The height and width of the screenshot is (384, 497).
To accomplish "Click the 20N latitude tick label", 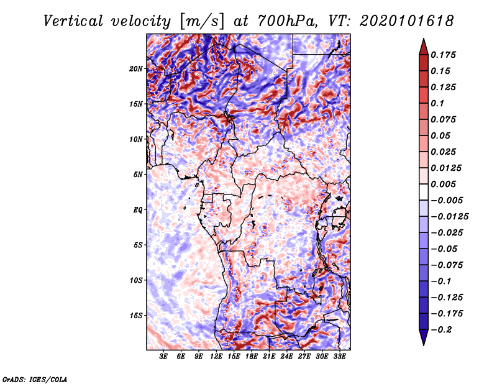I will (x=136, y=68).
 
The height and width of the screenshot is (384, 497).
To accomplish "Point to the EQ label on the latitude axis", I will (x=138, y=209).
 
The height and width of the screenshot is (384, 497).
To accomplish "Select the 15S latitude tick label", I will (x=136, y=315).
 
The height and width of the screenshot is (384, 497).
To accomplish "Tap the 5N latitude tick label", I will (x=138, y=174).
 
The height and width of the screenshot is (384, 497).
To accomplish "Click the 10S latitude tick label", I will (x=136, y=280).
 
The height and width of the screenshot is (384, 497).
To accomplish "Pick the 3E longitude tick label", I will (x=164, y=357).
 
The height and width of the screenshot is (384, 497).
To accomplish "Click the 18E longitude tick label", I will (x=252, y=357).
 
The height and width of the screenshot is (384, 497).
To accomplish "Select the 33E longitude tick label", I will (x=339, y=357).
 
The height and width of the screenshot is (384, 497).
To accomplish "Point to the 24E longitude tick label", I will (x=287, y=357).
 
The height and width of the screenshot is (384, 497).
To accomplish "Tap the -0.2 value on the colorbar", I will (x=444, y=329).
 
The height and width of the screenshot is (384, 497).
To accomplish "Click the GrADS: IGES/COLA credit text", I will (x=35, y=378).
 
